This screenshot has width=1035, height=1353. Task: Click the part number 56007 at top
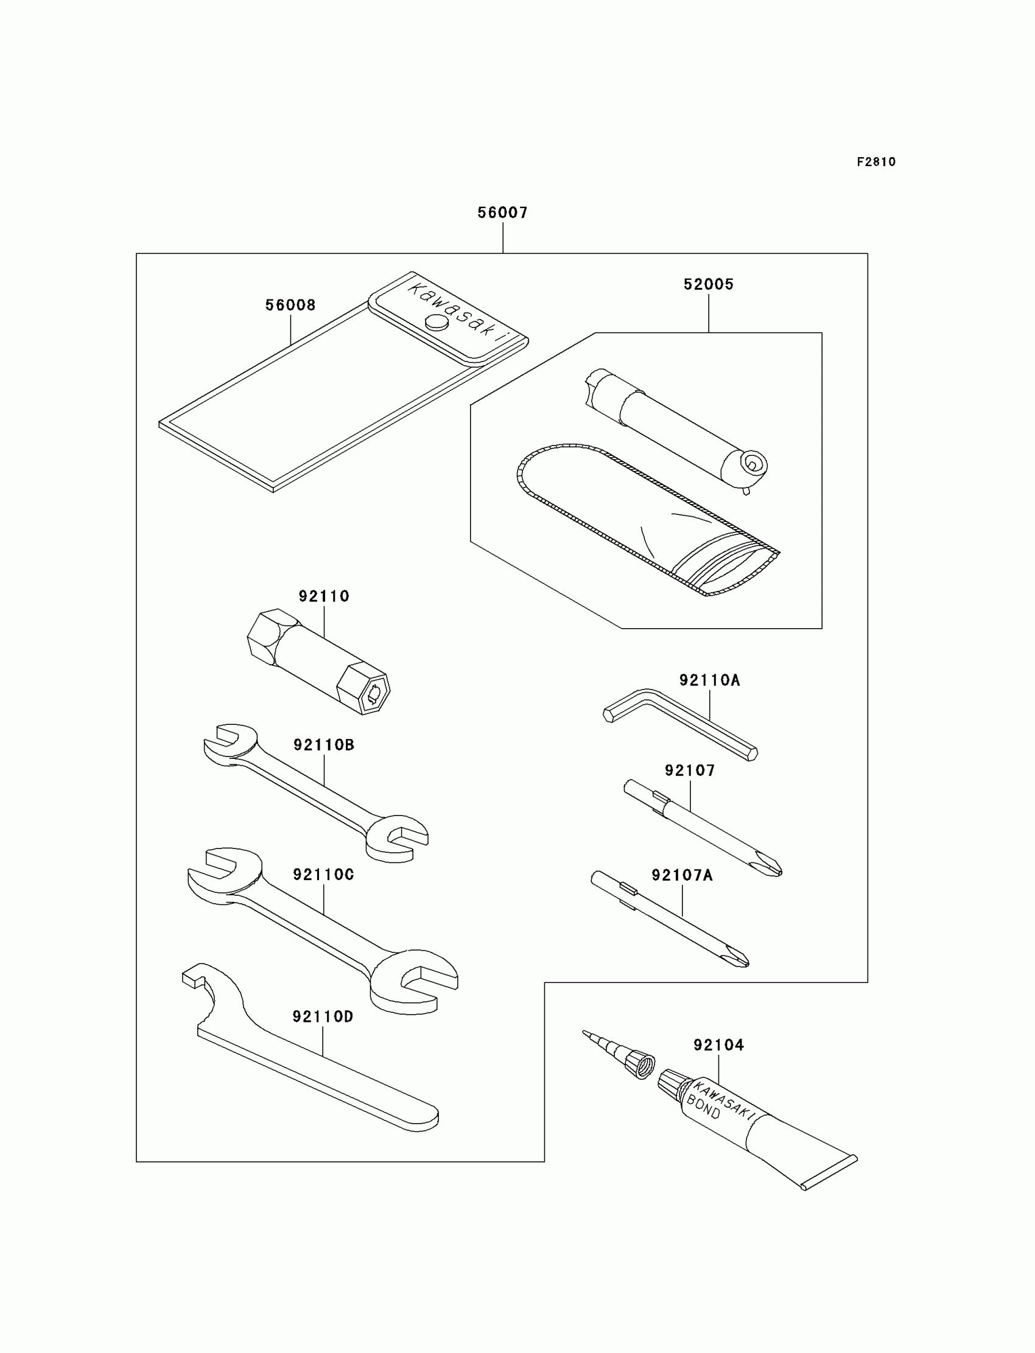tap(503, 212)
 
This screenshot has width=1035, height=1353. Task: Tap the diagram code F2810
tap(876, 162)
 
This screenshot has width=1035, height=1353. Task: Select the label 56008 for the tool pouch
tap(290, 306)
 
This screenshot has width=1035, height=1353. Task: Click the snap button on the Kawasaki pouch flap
tap(437, 322)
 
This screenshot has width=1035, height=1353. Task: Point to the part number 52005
tap(709, 284)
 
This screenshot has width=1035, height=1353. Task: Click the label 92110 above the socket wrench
tap(324, 596)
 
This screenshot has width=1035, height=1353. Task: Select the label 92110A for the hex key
tap(710, 680)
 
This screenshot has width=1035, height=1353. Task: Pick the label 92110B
tap(324, 745)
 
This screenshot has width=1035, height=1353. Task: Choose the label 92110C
tap(323, 875)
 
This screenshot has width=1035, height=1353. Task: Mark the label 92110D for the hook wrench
tap(323, 1017)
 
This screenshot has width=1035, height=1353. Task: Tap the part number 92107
tap(690, 771)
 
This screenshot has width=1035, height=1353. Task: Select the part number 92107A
tap(682, 876)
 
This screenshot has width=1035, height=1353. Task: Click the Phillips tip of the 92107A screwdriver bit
tap(739, 960)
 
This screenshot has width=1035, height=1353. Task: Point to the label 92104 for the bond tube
tap(719, 1045)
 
